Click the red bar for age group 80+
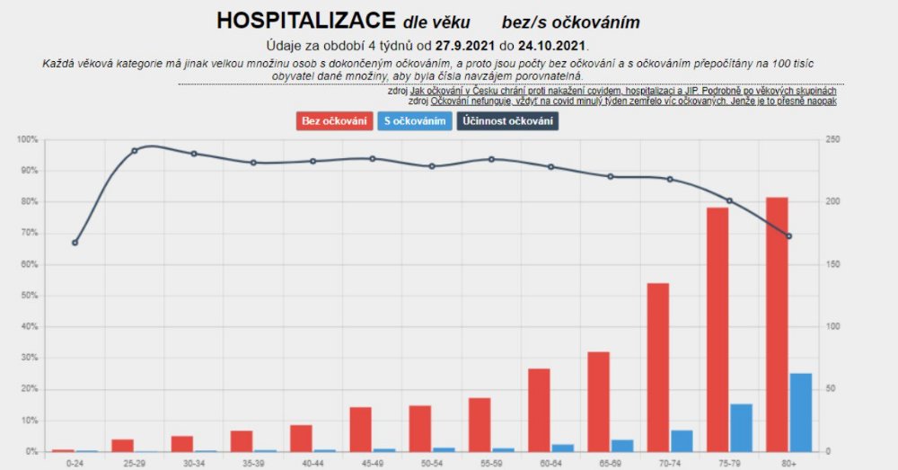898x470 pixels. pos(777,324)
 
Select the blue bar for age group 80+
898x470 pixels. pos(799,412)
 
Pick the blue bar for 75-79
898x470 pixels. pos(741,428)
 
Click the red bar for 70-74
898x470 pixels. pos(658,367)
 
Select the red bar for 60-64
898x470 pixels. pos(539,410)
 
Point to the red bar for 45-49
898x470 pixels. pos(360,429)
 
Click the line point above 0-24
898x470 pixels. pos(75,243)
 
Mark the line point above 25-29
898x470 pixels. pos(135,150)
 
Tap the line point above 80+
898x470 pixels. pos(788,236)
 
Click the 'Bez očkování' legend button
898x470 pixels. pos(334,120)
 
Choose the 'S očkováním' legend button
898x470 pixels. pos(415,120)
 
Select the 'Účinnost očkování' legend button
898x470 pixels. pos(508,120)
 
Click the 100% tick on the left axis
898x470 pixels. pos(27,139)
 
